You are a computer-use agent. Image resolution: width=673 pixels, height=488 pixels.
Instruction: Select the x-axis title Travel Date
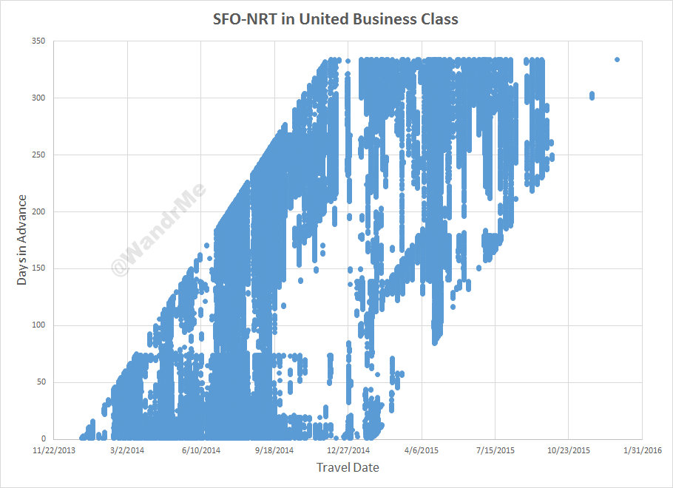click(348, 467)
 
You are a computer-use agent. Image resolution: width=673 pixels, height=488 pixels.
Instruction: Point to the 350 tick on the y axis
click(38, 41)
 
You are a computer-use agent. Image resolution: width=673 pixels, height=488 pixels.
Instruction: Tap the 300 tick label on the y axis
click(38, 98)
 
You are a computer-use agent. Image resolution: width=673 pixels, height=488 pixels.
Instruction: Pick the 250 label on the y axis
click(38, 155)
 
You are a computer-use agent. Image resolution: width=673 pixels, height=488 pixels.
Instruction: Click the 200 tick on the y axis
click(38, 212)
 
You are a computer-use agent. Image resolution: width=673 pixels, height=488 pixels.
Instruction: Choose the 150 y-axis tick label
click(38, 268)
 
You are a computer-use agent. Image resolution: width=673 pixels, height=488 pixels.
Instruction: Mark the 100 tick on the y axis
click(38, 325)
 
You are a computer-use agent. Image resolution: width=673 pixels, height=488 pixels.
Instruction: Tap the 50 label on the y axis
click(40, 382)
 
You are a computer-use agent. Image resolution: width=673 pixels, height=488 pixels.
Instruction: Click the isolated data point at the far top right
click(617, 60)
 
